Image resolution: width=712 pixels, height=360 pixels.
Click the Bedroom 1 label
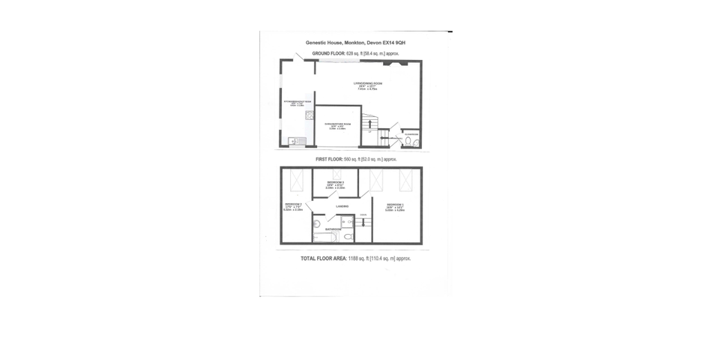395,205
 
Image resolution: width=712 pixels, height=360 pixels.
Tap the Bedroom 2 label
292,205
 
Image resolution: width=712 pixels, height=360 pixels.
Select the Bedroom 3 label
335,182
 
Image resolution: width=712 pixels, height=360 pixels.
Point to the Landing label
341,207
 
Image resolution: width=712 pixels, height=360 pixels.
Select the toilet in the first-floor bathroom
349,237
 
